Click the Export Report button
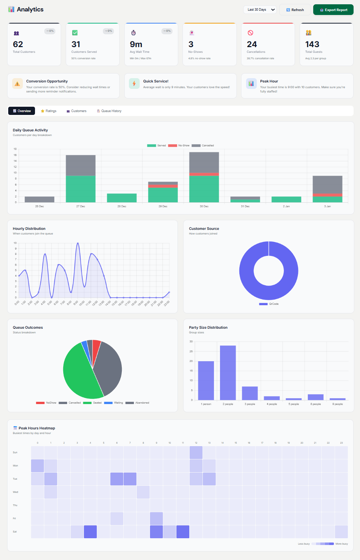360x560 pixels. (x=333, y=10)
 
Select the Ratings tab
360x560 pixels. (x=49, y=111)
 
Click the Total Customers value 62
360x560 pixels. (x=18, y=44)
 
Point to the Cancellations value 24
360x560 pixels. (x=252, y=44)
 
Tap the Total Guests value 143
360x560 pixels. (x=312, y=44)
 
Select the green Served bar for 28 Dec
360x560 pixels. (x=122, y=198)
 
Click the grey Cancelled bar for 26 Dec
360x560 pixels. (x=39, y=200)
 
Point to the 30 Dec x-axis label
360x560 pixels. (x=204, y=206)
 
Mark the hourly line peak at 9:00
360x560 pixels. (x=78, y=243)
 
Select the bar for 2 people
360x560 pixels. (x=228, y=373)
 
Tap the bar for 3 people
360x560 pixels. (x=250, y=393)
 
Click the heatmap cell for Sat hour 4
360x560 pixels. (x=90, y=532)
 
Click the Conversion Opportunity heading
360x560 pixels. (x=47, y=81)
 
